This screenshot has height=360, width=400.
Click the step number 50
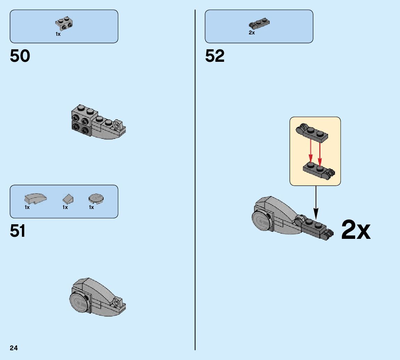pyautogui.click(x=20, y=56)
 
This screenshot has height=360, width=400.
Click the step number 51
pyautogui.click(x=18, y=231)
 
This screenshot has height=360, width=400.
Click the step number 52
pyautogui.click(x=215, y=56)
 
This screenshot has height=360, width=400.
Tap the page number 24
pyautogui.click(x=14, y=348)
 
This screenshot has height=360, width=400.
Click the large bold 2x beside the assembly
pyautogui.click(x=356, y=230)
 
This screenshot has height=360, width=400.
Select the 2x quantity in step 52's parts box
pyautogui.click(x=252, y=33)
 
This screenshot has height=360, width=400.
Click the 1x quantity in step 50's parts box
pyautogui.click(x=58, y=34)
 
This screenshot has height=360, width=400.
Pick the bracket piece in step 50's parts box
pyautogui.click(x=64, y=23)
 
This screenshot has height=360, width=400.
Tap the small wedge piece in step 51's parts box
pyautogui.click(x=68, y=199)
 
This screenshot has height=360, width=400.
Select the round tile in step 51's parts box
pyautogui.click(x=96, y=198)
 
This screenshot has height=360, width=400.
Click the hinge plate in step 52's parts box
pyautogui.click(x=260, y=24)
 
